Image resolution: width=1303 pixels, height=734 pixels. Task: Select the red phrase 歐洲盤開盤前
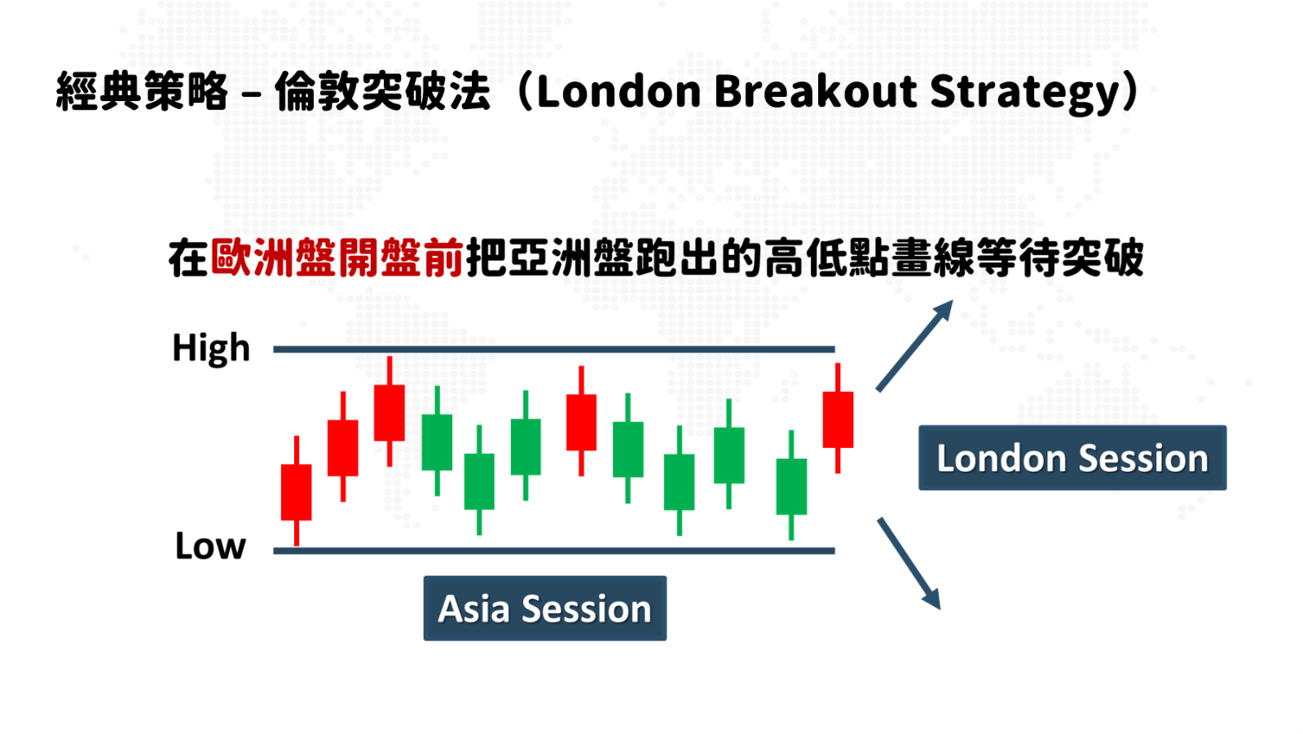pyautogui.click(x=337, y=257)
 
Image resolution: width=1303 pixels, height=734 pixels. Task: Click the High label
pyautogui.click(x=211, y=349)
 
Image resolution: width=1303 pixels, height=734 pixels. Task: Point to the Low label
pyautogui.click(x=210, y=546)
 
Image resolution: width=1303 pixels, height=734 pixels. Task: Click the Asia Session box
pyautogui.click(x=545, y=609)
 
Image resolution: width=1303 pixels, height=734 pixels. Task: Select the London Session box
pyautogui.click(x=1072, y=458)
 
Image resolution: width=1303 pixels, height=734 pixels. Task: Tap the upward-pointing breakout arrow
pyautogui.click(x=914, y=346)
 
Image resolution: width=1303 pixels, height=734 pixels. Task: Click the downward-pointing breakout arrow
pyautogui.click(x=909, y=564)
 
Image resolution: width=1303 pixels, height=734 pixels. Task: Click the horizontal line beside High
pyautogui.click(x=554, y=349)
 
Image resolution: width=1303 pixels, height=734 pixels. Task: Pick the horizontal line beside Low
pyautogui.click(x=554, y=551)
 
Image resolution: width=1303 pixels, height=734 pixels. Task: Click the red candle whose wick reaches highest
pyautogui.click(x=390, y=412)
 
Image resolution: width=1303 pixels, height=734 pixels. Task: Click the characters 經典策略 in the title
pyautogui.click(x=142, y=92)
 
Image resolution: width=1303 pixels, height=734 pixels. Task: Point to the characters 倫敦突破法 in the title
pyautogui.click(x=382, y=92)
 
